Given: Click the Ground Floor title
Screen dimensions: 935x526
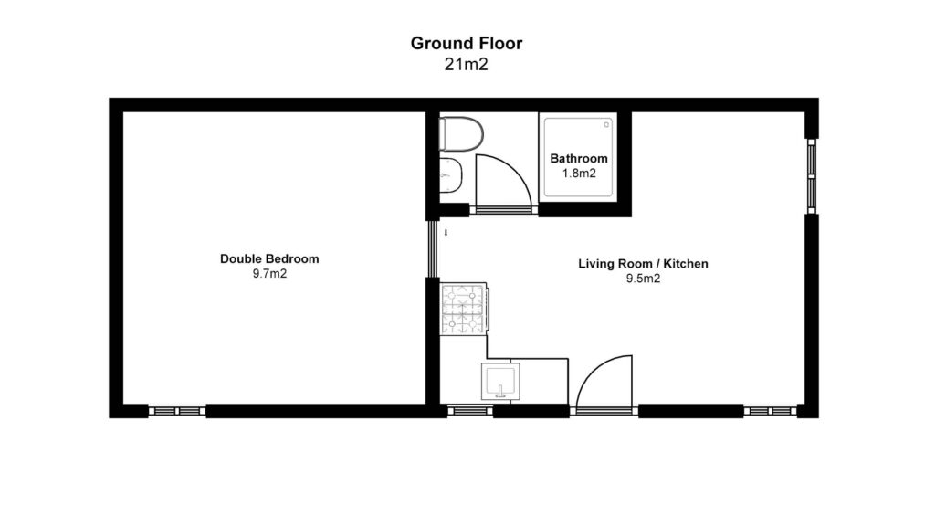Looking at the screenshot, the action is [x=467, y=43].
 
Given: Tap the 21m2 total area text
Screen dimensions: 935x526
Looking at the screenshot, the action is [x=467, y=65].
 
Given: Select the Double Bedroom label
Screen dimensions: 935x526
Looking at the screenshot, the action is [x=269, y=258].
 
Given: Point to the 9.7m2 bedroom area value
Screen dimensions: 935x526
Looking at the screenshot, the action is [x=269, y=274].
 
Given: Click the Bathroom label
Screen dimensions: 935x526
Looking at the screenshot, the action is [x=578, y=159].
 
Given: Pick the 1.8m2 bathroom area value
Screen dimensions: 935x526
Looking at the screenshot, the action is [x=579, y=174].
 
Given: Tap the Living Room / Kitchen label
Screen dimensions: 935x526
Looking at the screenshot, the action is [x=643, y=264].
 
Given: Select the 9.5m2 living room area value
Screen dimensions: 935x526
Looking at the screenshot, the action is [x=643, y=279].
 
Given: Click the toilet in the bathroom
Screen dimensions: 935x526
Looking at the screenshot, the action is [x=461, y=134].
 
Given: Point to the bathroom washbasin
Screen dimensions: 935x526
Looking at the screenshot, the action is [x=451, y=175].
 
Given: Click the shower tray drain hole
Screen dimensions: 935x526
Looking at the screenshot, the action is [x=606, y=124].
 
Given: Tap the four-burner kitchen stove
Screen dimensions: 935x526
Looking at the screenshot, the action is [x=464, y=309].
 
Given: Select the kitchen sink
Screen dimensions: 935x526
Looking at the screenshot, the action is [x=500, y=381].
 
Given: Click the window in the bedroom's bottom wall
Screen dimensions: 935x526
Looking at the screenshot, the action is [x=177, y=411].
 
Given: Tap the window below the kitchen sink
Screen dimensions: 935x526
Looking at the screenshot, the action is [x=470, y=410].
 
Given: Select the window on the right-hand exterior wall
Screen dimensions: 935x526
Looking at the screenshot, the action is [x=812, y=176].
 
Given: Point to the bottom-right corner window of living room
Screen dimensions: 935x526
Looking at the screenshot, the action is [x=771, y=411].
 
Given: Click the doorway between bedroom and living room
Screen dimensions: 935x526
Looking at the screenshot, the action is [x=433, y=248].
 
